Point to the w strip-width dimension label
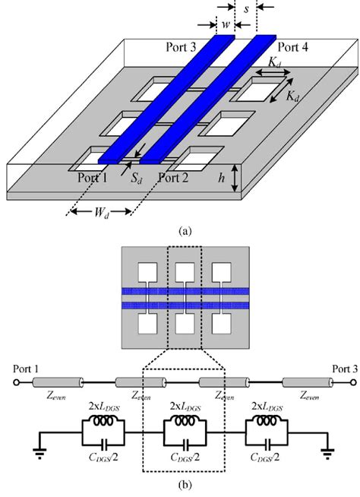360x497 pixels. pos(226,24)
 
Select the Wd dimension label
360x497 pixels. pos(97,226)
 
